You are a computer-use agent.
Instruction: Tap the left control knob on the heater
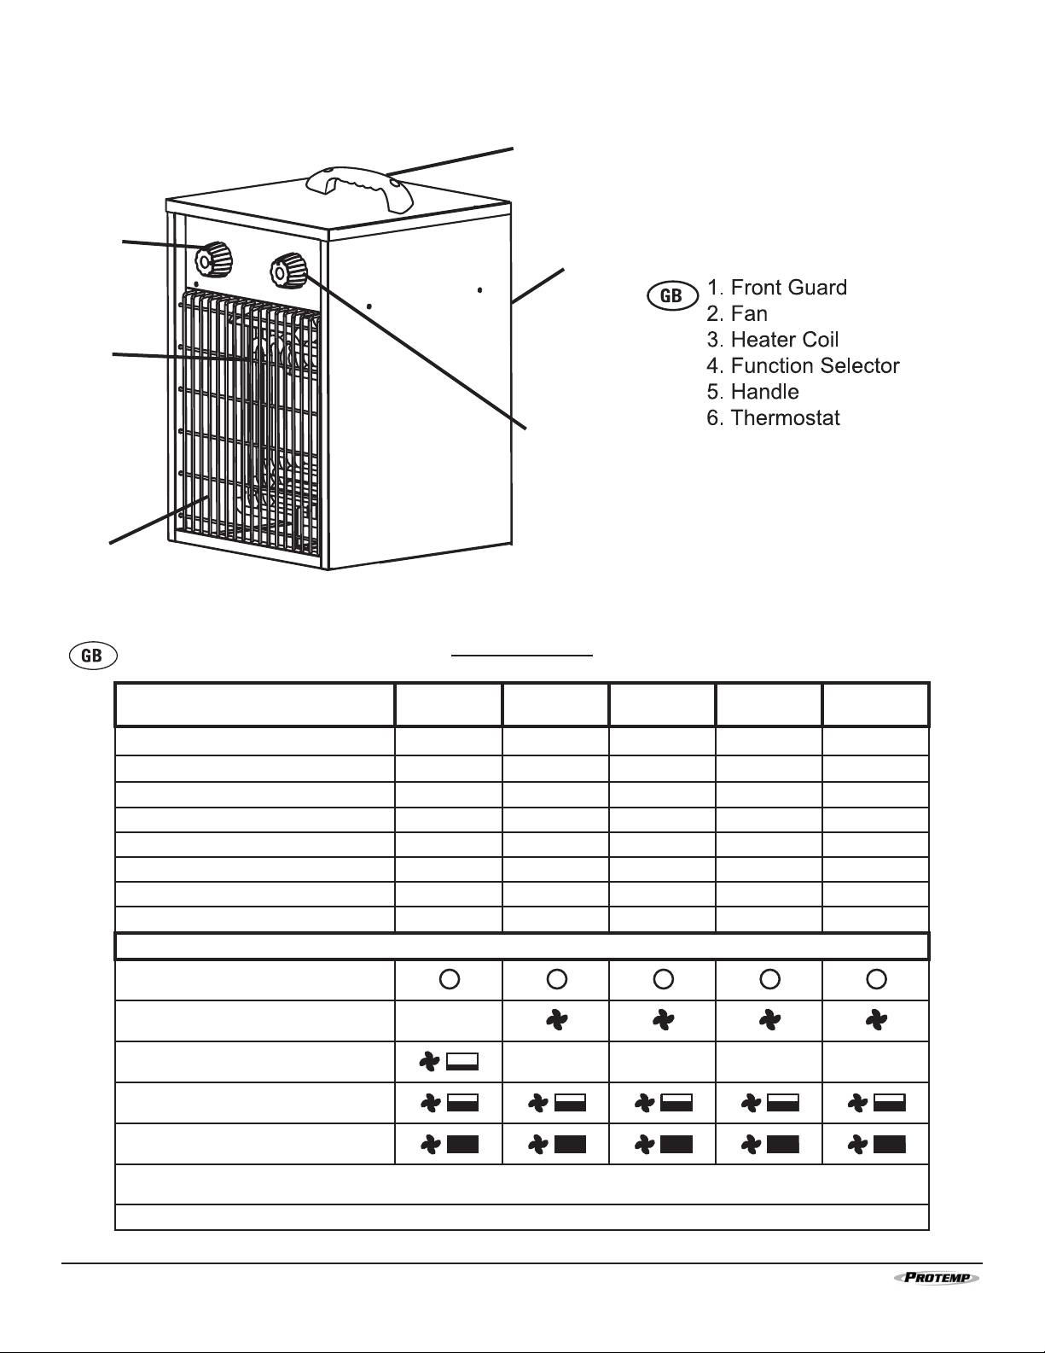tap(213, 259)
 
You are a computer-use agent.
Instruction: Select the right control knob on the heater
tap(288, 271)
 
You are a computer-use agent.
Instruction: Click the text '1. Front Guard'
tap(777, 288)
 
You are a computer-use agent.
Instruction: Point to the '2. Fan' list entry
tap(737, 314)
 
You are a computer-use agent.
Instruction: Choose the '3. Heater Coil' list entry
tap(773, 340)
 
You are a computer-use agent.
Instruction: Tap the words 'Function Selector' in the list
tap(815, 366)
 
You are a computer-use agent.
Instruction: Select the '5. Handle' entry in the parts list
tap(752, 393)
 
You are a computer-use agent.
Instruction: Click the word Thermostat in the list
tap(785, 417)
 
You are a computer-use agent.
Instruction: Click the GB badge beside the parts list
tap(672, 295)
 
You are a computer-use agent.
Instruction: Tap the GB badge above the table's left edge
tap(93, 656)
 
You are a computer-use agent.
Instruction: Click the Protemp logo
tap(937, 1278)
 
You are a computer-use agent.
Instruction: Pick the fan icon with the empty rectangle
tap(449, 1062)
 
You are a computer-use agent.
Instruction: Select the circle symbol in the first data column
tap(449, 979)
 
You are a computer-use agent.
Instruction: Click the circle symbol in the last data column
tap(876, 979)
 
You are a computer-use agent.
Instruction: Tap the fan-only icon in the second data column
tap(556, 1020)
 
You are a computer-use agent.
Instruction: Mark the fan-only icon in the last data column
tap(876, 1020)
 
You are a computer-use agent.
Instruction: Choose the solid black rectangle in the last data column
tap(890, 1145)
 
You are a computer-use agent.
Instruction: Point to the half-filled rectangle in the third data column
tap(676, 1103)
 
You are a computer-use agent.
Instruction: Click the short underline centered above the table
tap(522, 655)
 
